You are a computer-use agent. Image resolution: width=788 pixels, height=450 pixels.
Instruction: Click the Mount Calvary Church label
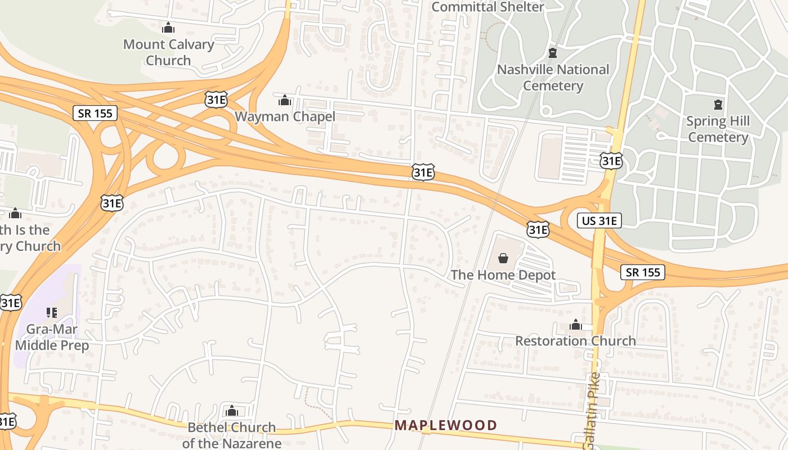tap(168, 52)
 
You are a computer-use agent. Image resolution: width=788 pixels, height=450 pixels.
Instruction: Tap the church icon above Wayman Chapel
tap(285, 101)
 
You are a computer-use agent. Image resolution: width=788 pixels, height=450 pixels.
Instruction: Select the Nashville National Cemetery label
tap(553, 78)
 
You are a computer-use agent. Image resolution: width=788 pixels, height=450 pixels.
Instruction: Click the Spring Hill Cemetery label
tap(718, 129)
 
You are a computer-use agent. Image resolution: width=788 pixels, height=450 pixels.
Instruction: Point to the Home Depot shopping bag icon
tap(503, 259)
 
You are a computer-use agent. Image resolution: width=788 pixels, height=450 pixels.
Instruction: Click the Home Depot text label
tap(503, 275)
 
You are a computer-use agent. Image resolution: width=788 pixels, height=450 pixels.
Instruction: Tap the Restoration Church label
tap(575, 341)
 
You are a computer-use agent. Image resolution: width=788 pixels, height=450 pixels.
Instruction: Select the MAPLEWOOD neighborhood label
tap(446, 425)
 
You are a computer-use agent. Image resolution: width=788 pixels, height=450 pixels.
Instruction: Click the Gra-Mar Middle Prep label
tap(52, 337)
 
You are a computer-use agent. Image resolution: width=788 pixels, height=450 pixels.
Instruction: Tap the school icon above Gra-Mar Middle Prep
tap(52, 312)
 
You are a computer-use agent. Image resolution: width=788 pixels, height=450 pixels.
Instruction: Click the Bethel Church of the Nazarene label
tap(231, 435)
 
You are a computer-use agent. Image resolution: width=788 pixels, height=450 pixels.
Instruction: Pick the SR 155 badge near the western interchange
tap(95, 113)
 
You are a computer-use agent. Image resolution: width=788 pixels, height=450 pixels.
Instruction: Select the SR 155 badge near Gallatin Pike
tap(643, 272)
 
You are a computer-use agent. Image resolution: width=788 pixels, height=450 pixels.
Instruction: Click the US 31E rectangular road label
tap(599, 220)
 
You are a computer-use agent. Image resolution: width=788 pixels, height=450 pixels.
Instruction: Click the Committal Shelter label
tap(487, 7)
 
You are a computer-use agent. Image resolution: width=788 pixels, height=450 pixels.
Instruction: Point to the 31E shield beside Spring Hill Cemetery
tap(611, 161)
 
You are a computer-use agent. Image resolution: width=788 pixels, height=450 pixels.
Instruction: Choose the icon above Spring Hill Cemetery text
tap(718, 105)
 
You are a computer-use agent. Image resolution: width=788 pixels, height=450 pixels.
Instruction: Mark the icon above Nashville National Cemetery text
tap(553, 53)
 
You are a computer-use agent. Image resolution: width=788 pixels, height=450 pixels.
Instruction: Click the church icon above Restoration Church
tap(575, 325)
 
